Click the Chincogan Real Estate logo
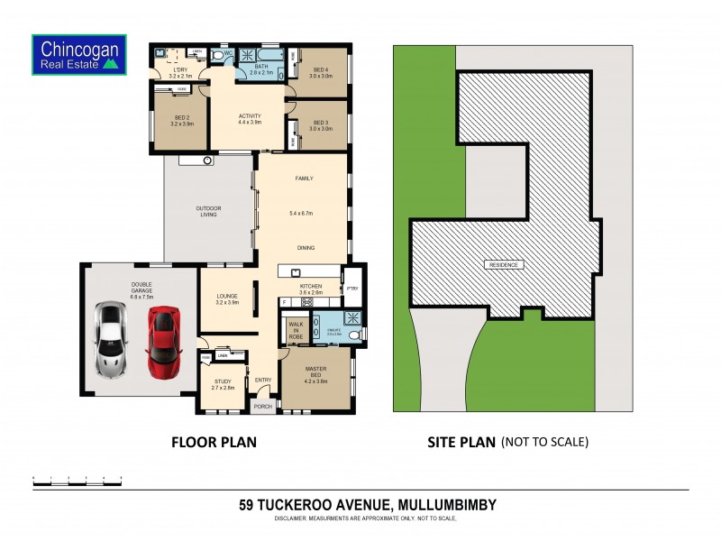78,53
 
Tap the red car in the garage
163,342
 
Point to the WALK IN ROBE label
294,330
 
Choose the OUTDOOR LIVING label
208,212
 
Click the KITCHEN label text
311,286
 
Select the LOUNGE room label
227,298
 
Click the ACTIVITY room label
250,118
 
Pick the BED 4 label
322,71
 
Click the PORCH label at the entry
262,407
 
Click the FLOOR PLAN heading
214,442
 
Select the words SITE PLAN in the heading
461,442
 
